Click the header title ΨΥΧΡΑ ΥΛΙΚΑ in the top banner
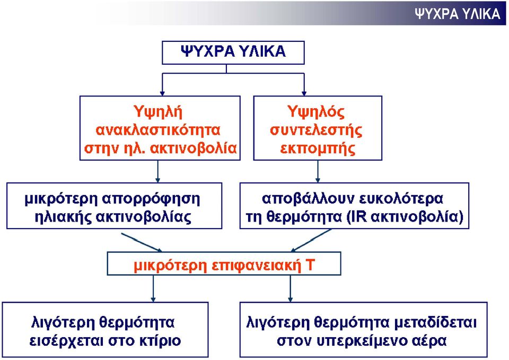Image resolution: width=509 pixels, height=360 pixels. click(x=458, y=14)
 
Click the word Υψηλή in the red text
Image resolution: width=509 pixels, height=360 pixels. click(x=158, y=112)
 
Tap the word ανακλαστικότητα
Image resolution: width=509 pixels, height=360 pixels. click(x=158, y=130)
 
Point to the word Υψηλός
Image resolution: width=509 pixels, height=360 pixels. click(x=316, y=112)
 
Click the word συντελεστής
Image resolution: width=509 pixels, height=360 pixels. click(x=316, y=130)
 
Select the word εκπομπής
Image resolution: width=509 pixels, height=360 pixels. click(x=318, y=148)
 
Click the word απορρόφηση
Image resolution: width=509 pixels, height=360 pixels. click(x=151, y=199)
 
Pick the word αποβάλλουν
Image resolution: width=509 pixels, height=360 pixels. click(x=306, y=199)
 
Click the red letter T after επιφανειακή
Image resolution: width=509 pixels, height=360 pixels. click(x=310, y=265)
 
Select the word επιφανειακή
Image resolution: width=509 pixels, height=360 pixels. click(x=257, y=266)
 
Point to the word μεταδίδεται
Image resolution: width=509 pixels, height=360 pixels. click(x=435, y=323)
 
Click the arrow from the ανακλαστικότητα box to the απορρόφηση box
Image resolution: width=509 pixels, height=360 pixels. click(x=158, y=171)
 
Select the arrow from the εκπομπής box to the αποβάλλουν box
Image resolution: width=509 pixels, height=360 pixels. click(x=318, y=171)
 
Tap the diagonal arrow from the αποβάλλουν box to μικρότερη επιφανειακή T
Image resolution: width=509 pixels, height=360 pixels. click(x=311, y=241)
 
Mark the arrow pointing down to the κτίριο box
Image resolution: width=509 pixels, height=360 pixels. click(x=153, y=288)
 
